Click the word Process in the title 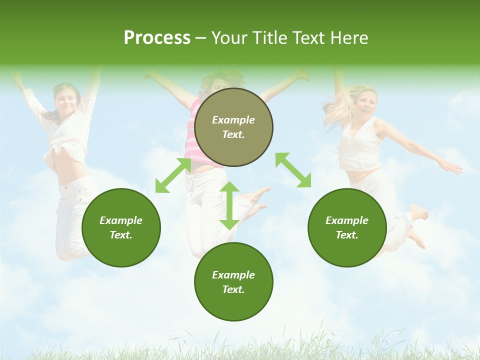point(157,38)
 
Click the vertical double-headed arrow point(229,205)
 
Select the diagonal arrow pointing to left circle point(173,175)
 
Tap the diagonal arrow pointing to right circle point(293,170)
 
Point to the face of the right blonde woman point(366,103)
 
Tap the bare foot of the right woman point(419,213)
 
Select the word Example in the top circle point(233,120)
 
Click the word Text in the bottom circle point(232,289)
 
